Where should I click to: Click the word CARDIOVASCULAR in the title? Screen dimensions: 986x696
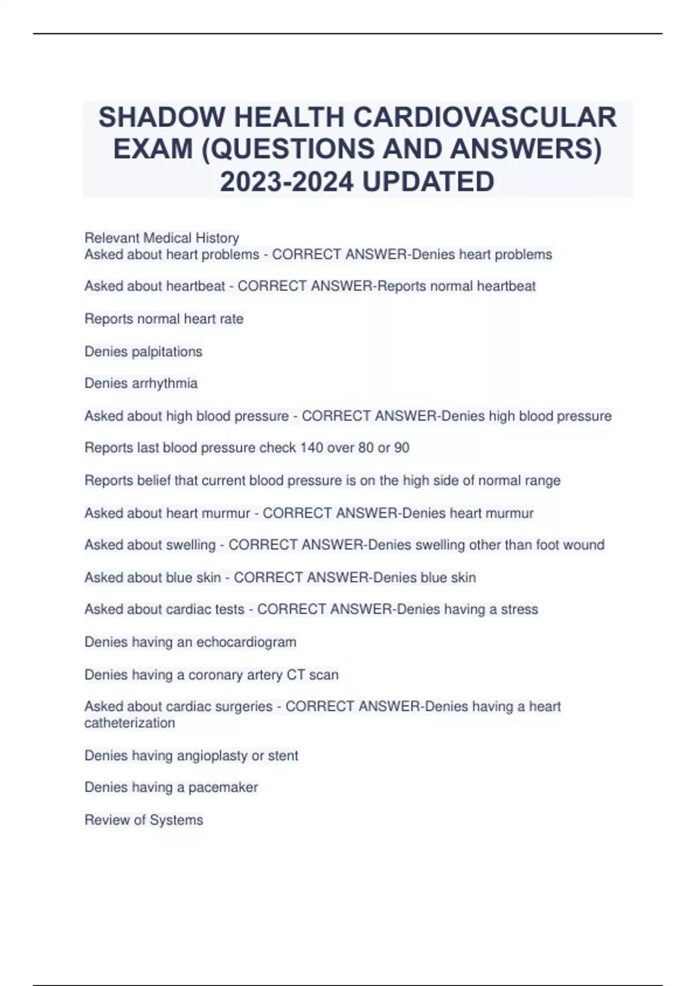tap(485, 117)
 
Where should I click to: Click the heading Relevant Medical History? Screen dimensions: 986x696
tap(162, 238)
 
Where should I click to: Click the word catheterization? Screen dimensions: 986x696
tap(130, 723)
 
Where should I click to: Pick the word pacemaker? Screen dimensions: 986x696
tap(223, 788)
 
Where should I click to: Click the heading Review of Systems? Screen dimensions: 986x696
tap(144, 820)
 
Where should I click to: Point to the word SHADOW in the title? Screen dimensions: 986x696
tap(161, 117)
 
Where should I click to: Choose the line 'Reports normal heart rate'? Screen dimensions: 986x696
tap(164, 319)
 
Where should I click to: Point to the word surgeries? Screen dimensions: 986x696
tap(246, 706)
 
